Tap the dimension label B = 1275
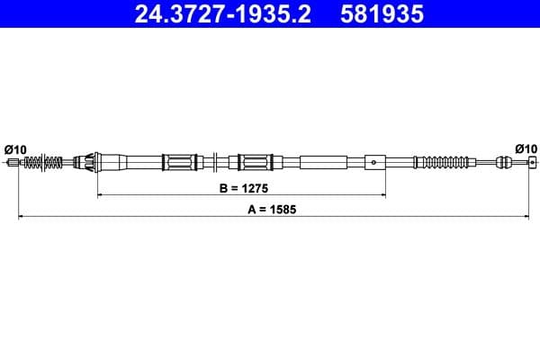click(x=240, y=189)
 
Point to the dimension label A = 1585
click(x=271, y=209)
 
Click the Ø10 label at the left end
click(x=15, y=148)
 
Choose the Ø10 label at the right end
click(x=526, y=148)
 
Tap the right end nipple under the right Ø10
click(x=530, y=163)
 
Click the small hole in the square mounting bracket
click(x=373, y=163)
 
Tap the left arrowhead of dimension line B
click(x=99, y=194)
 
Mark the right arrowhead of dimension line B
click(x=384, y=194)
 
